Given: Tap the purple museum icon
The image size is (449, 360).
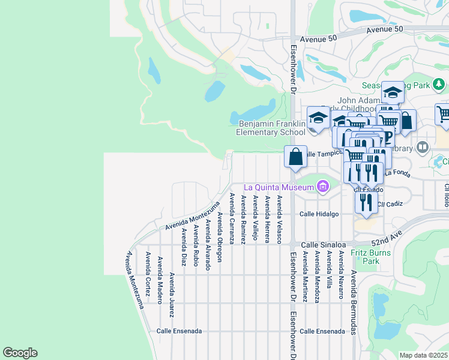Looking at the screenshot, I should point(323,187).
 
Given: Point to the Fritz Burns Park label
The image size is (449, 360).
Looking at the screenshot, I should point(370,257).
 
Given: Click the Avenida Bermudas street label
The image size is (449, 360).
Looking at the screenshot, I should point(354,302).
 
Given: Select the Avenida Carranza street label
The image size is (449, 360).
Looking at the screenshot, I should point(232,218).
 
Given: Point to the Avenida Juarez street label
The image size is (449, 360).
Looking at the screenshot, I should point(172,295).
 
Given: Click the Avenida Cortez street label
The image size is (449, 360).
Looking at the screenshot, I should point(147,274).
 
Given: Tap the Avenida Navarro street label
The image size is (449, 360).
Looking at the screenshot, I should point(340,274).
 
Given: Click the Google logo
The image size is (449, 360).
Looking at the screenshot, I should point(20,353).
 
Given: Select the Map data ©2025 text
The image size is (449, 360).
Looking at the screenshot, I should point(424,355).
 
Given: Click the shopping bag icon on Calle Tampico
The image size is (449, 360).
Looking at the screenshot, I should point(295,157).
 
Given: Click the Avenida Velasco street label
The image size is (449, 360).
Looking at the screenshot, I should point(280,218).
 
